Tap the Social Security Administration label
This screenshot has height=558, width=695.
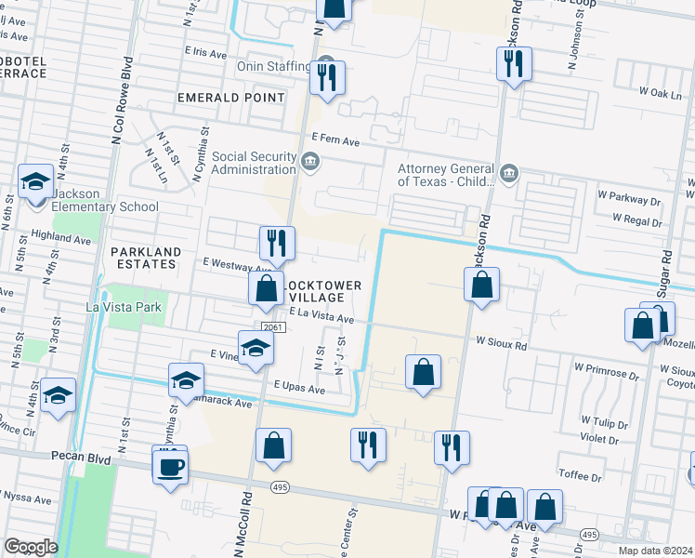click(254, 163)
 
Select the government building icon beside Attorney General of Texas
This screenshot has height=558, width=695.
click(509, 173)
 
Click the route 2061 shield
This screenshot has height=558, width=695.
click(272, 326)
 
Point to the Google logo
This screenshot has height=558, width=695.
click(30, 547)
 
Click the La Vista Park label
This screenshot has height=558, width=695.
click(124, 306)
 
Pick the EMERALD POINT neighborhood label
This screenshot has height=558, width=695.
click(231, 98)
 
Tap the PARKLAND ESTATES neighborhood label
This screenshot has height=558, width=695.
click(143, 258)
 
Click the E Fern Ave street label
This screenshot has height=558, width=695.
click(335, 139)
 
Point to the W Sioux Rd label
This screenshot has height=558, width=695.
click(501, 344)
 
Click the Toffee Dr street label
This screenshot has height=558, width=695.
click(581, 476)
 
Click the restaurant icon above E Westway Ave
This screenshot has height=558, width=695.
click(277, 244)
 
